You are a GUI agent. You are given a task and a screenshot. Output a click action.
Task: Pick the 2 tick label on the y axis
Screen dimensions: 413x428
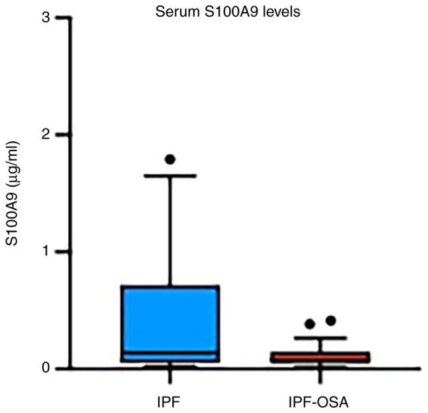click(x=45, y=135)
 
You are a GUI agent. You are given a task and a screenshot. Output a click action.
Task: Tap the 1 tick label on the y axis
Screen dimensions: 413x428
click(x=45, y=252)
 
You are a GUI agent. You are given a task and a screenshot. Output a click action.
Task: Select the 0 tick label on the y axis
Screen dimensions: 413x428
click(x=45, y=369)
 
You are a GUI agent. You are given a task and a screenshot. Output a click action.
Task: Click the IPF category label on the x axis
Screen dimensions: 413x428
click(x=170, y=402)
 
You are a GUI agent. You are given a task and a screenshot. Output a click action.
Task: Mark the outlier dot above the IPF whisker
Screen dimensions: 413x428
click(x=170, y=159)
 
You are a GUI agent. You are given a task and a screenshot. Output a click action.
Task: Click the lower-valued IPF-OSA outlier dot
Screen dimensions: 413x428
click(x=309, y=324)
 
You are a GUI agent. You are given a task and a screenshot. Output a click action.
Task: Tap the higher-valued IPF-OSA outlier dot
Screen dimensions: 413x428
click(x=331, y=321)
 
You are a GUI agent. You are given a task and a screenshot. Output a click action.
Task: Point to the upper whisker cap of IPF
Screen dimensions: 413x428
click(x=170, y=176)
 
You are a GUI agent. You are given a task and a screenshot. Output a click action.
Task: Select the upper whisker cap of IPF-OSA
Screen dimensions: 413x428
click(x=321, y=338)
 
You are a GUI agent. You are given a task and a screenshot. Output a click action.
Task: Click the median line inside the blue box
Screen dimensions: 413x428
click(x=170, y=353)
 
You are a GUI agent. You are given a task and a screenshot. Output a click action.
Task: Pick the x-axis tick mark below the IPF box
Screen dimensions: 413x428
click(x=170, y=377)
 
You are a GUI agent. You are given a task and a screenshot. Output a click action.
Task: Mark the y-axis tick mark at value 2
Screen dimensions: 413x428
click(x=62, y=135)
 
